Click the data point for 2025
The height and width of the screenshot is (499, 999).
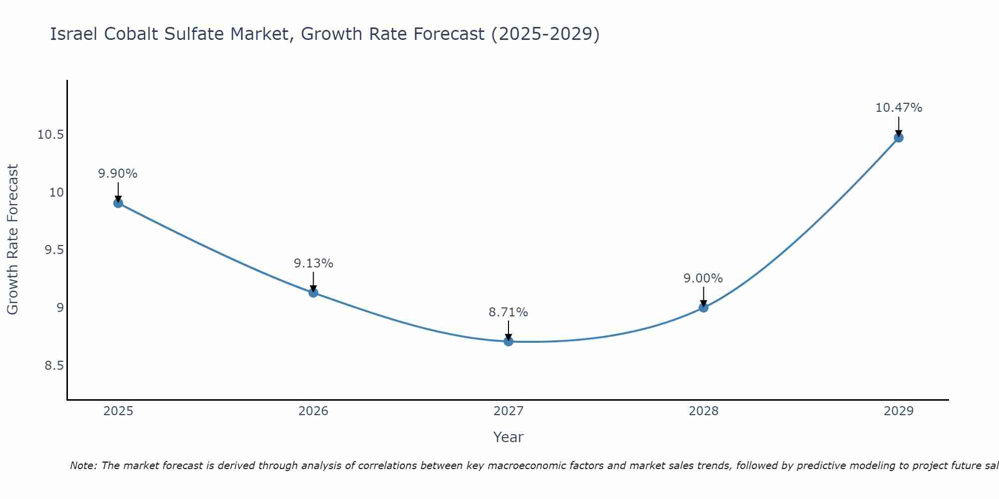pyautogui.click(x=118, y=203)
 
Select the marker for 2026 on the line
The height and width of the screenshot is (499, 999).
pyautogui.click(x=313, y=292)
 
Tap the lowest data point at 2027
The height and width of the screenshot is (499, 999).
pyautogui.click(x=508, y=341)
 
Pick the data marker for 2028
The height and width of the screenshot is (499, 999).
pyautogui.click(x=703, y=307)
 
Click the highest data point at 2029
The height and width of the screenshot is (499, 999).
pyautogui.click(x=899, y=138)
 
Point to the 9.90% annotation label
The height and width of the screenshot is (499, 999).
pyautogui.click(x=118, y=174)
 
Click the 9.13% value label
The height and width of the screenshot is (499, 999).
pyautogui.click(x=313, y=263)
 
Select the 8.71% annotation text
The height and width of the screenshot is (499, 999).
pyautogui.click(x=508, y=312)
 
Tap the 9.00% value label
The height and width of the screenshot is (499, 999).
pyautogui.click(x=703, y=278)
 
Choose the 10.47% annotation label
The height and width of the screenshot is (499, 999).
pyautogui.click(x=899, y=108)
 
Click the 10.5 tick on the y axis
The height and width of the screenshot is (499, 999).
pyautogui.click(x=50, y=135)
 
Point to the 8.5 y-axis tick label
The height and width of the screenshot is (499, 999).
pyautogui.click(x=54, y=366)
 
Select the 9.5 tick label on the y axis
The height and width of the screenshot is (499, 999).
pyautogui.click(x=54, y=250)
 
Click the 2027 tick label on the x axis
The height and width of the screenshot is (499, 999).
pyautogui.click(x=508, y=411)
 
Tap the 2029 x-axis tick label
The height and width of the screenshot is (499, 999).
pyautogui.click(x=899, y=411)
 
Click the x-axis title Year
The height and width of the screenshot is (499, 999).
pyautogui.click(x=508, y=437)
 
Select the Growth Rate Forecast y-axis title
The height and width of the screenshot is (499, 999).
pyautogui.click(x=12, y=240)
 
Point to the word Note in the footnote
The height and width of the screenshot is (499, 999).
pyautogui.click(x=83, y=466)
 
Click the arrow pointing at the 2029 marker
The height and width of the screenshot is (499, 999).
pyautogui.click(x=899, y=126)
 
